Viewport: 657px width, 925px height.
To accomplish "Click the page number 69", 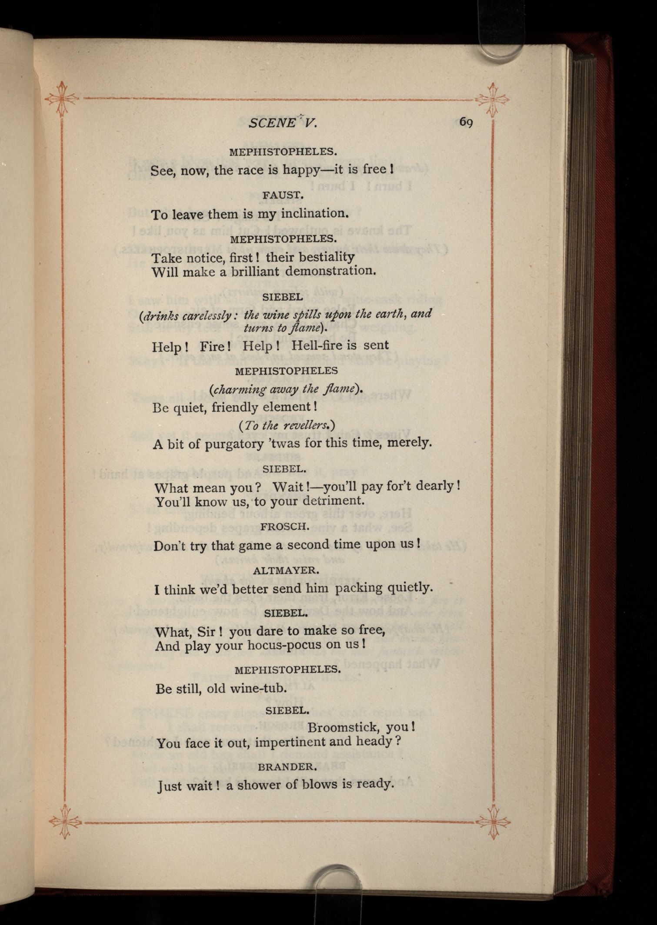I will pos(466,122).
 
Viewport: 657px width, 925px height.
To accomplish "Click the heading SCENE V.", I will pos(283,123).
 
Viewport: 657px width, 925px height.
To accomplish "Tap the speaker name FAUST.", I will pos(283,195).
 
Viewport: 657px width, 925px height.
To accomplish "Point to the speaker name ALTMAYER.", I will pos(286,570).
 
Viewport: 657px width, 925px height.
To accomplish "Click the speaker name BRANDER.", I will pos(286,767).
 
